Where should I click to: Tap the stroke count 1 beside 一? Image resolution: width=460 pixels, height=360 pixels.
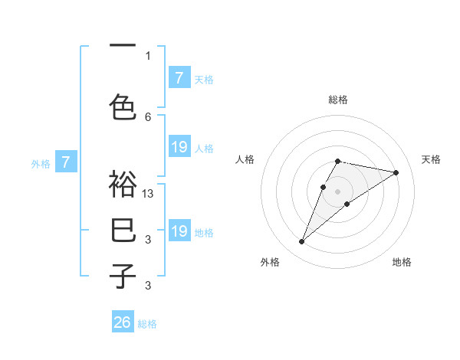[148, 55]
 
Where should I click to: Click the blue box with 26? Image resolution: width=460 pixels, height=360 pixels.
[123, 322]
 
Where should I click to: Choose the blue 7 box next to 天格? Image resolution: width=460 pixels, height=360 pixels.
[179, 77]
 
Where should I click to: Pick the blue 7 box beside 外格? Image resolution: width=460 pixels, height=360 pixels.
[66, 162]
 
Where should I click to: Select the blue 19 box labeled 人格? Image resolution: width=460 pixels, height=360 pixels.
[179, 146]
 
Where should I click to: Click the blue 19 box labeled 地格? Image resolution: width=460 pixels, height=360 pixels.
[179, 231]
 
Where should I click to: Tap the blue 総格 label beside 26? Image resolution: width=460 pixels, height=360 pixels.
[147, 323]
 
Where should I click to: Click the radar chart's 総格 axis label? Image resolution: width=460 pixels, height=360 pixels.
[338, 100]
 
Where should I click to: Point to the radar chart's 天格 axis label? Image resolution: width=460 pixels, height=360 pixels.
[432, 159]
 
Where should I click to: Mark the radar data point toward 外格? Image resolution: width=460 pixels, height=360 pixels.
[301, 242]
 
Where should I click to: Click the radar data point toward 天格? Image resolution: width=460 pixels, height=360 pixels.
[396, 172]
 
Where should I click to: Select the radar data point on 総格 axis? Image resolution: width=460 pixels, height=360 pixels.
[337, 161]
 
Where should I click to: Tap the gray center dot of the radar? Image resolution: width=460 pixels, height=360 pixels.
[337, 191]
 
